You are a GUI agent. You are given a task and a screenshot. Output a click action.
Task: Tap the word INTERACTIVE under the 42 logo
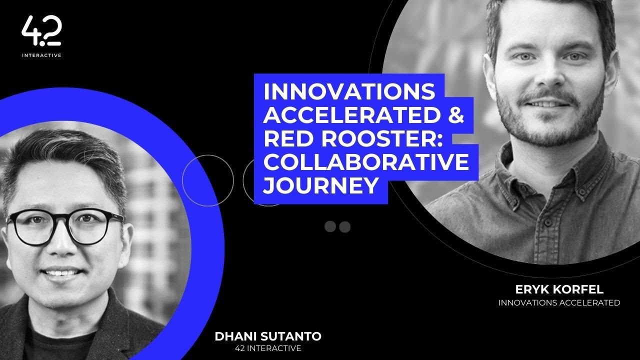pos(41,55)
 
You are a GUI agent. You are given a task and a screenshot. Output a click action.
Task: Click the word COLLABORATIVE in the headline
pos(365,162)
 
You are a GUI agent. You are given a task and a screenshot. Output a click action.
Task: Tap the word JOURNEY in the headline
pos(320,185)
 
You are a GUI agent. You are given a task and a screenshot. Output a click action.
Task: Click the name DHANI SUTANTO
pos(268,336)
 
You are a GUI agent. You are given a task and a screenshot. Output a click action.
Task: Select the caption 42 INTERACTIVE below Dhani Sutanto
pos(268,348)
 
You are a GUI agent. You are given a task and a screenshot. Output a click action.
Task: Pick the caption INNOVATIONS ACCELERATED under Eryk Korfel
pos(559,302)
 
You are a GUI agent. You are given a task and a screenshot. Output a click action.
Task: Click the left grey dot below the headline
pos(330,227)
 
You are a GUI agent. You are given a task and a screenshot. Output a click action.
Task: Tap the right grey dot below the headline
pos(344,227)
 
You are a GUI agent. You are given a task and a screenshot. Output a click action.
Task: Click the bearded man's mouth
pos(543,104)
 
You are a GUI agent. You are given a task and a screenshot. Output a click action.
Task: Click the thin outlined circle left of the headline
pos(207,180)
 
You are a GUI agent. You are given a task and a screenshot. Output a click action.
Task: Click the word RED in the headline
pos(283,138)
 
